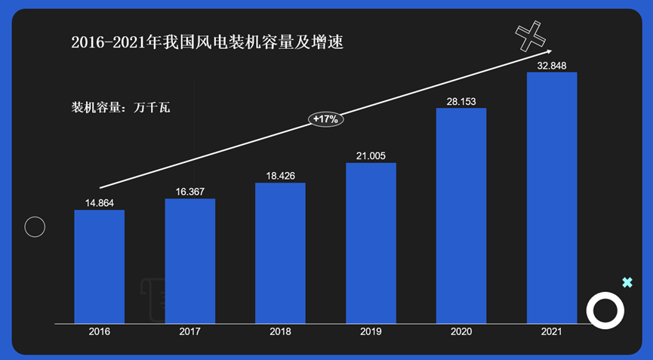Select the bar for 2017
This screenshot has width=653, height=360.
coord(189,261)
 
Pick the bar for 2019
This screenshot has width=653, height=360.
coord(371,243)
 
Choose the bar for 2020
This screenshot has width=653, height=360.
coord(461,216)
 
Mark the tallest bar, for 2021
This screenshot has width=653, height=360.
coord(552,198)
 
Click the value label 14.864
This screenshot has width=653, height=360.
coord(99,202)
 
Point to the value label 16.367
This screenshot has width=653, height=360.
coord(189,192)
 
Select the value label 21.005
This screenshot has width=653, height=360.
coord(371,156)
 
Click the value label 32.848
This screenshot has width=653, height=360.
coord(552,66)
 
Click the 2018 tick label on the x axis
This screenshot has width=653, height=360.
coord(280,331)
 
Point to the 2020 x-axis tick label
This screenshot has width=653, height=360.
coord(461,331)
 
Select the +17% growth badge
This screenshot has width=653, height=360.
coord(326,119)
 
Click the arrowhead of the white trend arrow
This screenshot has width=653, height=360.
coord(549,53)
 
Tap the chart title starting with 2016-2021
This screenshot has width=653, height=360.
coord(207,42)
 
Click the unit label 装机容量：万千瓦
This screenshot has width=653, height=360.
coord(121,107)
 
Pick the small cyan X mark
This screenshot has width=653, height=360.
coord(627,282)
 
